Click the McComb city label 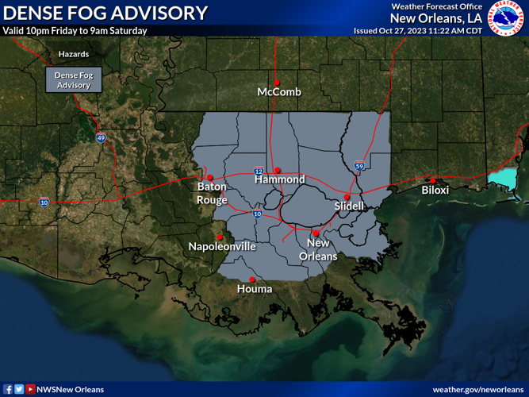[279, 93]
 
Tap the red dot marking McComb [277, 82]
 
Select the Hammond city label [279, 179]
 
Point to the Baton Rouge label [212, 193]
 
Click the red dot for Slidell [347, 196]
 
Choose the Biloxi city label [435, 191]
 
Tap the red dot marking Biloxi [433, 180]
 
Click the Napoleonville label [222, 246]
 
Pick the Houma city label [255, 289]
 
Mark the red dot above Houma [252, 279]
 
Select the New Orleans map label [318, 249]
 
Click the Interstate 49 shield [101, 138]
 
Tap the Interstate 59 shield [359, 167]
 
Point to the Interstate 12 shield [259, 171]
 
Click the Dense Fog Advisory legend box [73, 79]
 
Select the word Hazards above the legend [73, 55]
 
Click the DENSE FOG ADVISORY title [105, 13]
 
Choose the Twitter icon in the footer [19, 389]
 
